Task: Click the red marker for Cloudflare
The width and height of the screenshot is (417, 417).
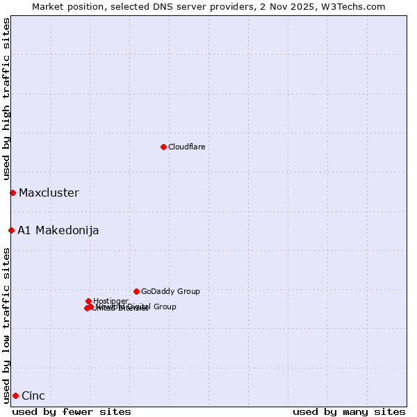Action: coord(163,147)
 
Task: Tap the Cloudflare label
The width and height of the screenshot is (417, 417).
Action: coord(186,147)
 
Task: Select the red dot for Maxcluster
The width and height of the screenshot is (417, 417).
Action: coord(13,193)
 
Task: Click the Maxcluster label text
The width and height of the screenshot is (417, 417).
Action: coord(49,193)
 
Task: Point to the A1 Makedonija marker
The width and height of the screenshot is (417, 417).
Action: coord(11,230)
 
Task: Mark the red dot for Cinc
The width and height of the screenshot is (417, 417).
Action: coord(15,395)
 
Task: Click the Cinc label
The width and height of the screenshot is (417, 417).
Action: coord(33,396)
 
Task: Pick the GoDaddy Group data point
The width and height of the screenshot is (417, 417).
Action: coord(136,291)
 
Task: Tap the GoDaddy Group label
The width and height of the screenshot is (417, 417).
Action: coord(170,292)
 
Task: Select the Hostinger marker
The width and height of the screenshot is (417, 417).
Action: coord(89,301)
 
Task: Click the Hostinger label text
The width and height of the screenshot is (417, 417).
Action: coord(111,301)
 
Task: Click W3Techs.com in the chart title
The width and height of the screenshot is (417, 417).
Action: coord(355,6)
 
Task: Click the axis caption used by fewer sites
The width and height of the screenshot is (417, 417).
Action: coord(72,411)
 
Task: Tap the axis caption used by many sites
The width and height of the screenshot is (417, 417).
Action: coord(349,411)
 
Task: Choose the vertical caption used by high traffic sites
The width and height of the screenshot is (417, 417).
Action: coord(6,99)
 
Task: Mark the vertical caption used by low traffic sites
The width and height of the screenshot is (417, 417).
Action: coord(6,325)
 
